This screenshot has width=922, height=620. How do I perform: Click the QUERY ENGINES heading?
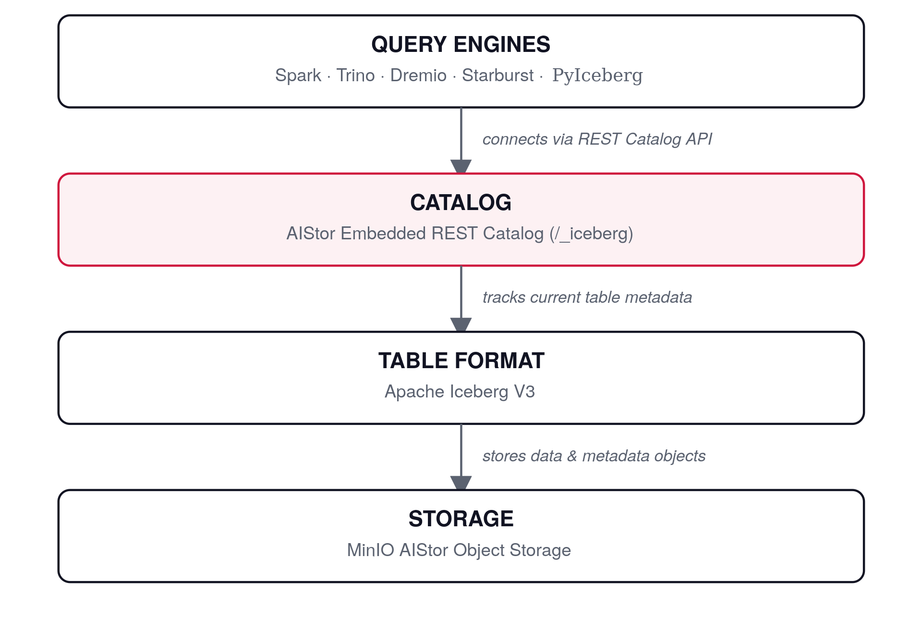click(461, 44)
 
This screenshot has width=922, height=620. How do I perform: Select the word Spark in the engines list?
click(298, 75)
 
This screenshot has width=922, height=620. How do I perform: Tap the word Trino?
click(355, 75)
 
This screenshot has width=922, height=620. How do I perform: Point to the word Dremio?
click(418, 75)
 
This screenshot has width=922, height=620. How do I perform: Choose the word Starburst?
click(497, 75)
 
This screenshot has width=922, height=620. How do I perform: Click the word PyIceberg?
click(597, 75)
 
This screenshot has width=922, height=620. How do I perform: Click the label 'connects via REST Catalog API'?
click(597, 139)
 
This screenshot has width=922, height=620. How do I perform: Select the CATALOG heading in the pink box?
click(461, 202)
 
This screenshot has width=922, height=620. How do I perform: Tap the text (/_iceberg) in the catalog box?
click(591, 234)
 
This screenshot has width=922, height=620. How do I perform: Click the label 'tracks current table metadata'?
click(587, 298)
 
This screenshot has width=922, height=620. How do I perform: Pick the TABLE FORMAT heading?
click(461, 360)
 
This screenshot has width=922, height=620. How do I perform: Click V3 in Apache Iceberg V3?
click(524, 392)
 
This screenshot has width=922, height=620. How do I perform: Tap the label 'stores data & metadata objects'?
click(594, 456)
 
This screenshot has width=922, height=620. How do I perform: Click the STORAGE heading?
click(461, 519)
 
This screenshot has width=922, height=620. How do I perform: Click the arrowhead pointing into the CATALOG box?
click(461, 166)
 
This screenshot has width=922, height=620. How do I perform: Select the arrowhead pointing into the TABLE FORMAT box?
click(461, 324)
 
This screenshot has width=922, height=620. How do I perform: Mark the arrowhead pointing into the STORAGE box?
click(461, 483)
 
